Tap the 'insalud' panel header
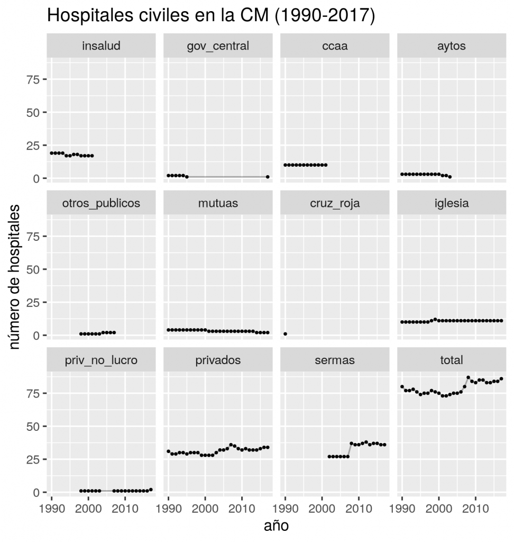pos(102,46)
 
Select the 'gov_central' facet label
pos(218,46)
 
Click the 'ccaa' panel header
pos(335,46)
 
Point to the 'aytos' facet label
pos(452,46)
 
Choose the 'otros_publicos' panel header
pos(102,203)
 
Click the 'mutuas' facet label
pos(218,203)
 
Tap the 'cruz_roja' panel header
pos(335,203)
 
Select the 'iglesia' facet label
pos(452,203)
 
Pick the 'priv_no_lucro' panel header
pos(102,360)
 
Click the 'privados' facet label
pos(218,360)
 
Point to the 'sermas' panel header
pos(335,360)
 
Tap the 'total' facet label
pos(452,360)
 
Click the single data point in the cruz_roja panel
pos(286,334)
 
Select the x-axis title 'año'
pos(276,526)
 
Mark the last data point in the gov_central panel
pos(268,177)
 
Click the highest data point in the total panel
pos(468,377)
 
